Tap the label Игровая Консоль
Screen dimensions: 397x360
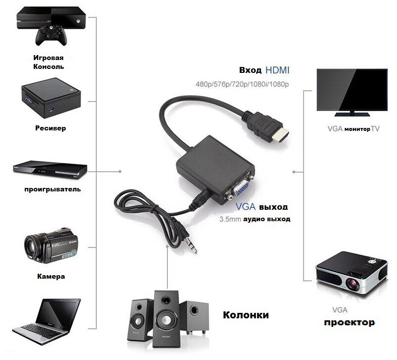(48, 62)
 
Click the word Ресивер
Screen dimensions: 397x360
(50, 128)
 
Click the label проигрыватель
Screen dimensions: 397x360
(52, 189)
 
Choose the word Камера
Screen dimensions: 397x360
(51, 276)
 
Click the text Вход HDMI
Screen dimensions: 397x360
(264, 69)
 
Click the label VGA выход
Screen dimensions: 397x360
(261, 206)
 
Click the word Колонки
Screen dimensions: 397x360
(246, 315)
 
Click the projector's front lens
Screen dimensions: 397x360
(353, 285)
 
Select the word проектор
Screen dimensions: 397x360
(349, 323)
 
